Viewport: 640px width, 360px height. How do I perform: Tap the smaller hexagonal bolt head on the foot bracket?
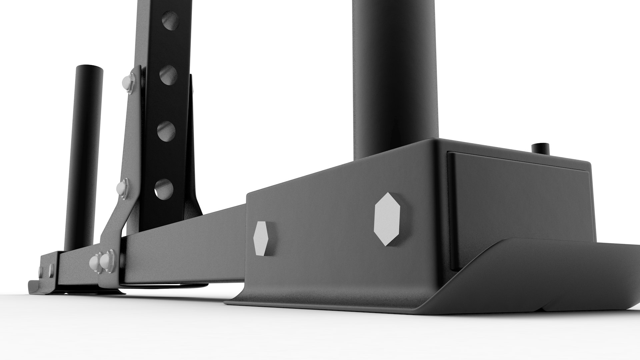click(x=261, y=238)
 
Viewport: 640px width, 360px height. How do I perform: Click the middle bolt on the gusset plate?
click(x=123, y=187)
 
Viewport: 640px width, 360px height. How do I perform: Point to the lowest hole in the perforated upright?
click(x=164, y=189)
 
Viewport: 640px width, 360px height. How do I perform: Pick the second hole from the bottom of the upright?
click(x=166, y=131)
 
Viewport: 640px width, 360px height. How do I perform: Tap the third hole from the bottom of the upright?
click(x=168, y=75)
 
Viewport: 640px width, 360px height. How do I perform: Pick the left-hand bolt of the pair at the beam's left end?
click(x=95, y=261)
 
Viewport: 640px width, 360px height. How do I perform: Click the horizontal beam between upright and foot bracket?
click(x=187, y=240)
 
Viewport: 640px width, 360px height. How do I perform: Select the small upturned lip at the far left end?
click(x=33, y=287)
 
